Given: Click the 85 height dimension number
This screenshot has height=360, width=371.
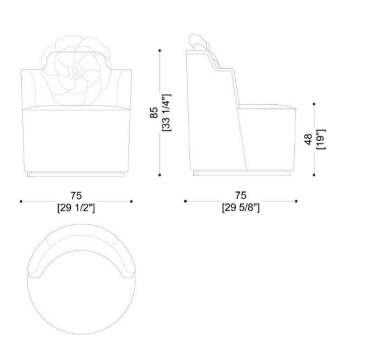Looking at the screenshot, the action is point(154,113).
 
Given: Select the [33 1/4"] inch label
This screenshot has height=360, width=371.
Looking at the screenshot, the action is point(166,113).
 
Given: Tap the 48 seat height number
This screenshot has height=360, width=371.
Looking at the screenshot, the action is point(308,139).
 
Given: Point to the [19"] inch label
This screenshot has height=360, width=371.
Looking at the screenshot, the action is point(321,139).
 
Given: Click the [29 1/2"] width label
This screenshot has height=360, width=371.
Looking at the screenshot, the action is point(76,208).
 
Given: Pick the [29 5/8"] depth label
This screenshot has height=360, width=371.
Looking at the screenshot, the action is point(241,208).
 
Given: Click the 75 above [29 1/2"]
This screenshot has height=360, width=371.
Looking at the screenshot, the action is point(76,196).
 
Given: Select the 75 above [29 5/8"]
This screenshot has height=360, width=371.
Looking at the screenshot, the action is point(241,195).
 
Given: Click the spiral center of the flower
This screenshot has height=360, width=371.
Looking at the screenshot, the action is point(75,71).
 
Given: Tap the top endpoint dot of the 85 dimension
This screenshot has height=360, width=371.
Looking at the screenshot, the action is point(159,51).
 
